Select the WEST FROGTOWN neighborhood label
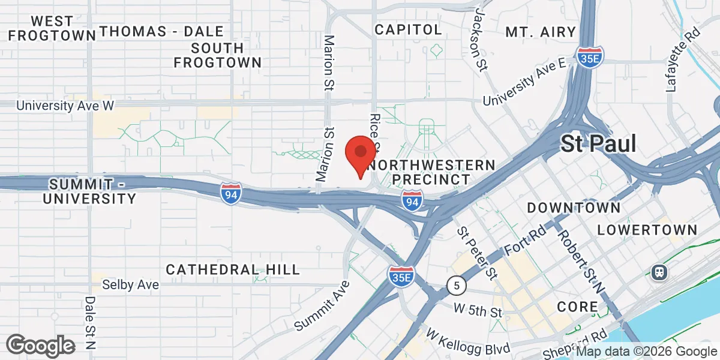tap(53, 28)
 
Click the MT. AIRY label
tap(541, 31)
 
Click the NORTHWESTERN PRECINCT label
tap(431, 172)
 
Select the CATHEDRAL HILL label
tap(233, 269)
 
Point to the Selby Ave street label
tap(130, 284)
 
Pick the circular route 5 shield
tap(457, 286)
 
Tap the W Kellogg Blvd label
tap(468, 341)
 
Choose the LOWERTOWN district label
tap(647, 230)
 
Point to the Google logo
tap(40, 346)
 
